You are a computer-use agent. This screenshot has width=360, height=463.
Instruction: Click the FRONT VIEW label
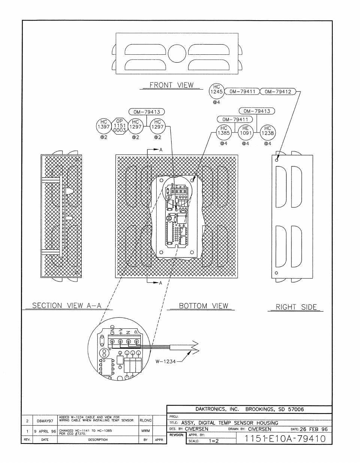pos(171,85)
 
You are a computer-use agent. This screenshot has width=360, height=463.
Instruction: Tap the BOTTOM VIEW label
pos(203,306)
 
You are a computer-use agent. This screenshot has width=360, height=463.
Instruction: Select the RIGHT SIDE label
pos(296,307)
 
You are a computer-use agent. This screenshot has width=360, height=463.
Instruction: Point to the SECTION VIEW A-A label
pos(67,306)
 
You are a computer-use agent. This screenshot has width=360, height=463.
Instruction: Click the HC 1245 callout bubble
pos(216,90)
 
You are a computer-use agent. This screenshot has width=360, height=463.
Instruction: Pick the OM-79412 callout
pos(278,91)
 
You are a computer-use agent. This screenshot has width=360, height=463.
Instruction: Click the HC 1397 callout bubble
pos(104,124)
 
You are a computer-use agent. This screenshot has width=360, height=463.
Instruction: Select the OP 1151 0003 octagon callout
pos(120,125)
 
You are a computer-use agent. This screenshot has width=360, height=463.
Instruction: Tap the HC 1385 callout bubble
pos(224,130)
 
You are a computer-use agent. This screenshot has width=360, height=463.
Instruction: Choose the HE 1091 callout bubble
pos(245,130)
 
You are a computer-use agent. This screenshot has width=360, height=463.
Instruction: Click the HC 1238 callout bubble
pos(267,130)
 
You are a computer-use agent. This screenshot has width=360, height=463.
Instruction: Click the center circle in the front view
pos(177,54)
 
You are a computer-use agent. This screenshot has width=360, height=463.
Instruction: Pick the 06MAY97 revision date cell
pos(45,421)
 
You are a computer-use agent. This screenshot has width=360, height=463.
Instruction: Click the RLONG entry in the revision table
pos(146,421)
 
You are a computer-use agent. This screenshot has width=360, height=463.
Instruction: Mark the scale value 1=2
pos(214,441)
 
